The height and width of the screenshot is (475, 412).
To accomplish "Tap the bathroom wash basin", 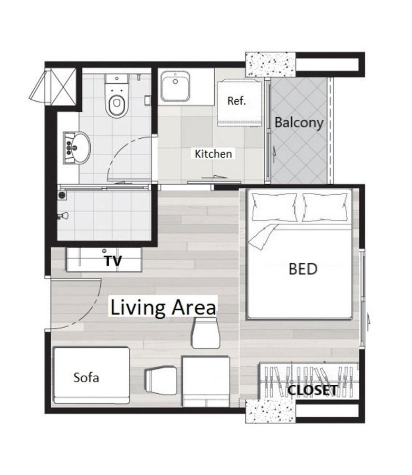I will (78, 147).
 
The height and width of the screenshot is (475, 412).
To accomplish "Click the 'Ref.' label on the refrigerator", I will (236, 101).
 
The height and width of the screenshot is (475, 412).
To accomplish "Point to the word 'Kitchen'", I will (213, 154).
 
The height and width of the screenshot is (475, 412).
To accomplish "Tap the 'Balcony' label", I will (299, 122).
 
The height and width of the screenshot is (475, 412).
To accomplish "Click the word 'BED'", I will (303, 269).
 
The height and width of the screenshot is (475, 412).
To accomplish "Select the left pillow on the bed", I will (273, 207).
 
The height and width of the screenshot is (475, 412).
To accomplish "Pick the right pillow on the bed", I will (325, 207).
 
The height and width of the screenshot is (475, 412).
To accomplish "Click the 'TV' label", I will (113, 261).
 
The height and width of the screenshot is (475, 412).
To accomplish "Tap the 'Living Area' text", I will (162, 307).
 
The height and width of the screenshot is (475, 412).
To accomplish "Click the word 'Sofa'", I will (87, 378).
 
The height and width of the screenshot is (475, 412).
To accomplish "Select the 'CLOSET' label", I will (312, 391).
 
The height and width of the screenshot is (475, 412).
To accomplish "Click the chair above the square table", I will (205, 334).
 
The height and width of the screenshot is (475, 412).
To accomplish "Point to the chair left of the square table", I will (161, 381).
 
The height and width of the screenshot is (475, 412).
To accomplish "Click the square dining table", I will (206, 380).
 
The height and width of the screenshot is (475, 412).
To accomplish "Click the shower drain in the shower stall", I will (63, 195).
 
